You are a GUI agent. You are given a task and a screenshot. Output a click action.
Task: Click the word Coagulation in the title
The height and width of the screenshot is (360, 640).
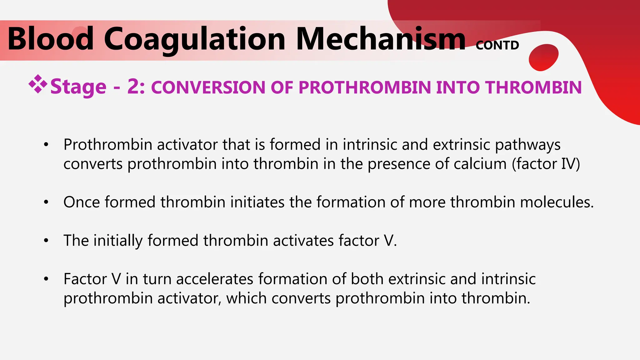194,39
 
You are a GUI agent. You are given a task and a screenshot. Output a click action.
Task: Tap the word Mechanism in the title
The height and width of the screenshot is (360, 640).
381,39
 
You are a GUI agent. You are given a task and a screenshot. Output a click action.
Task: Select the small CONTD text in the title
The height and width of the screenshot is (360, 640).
497,46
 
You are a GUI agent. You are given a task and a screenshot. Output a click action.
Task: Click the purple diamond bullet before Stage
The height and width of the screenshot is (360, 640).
38,84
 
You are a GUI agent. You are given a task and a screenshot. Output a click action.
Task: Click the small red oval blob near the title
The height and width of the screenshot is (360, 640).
543,57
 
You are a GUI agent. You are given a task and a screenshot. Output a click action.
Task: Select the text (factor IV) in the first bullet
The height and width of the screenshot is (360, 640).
546,164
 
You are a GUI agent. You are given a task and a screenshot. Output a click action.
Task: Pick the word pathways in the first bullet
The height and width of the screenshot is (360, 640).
528,145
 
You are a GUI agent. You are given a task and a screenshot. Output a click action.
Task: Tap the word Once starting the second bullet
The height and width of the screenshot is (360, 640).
82,202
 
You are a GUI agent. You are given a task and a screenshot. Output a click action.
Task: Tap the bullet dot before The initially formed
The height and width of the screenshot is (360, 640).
46,241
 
